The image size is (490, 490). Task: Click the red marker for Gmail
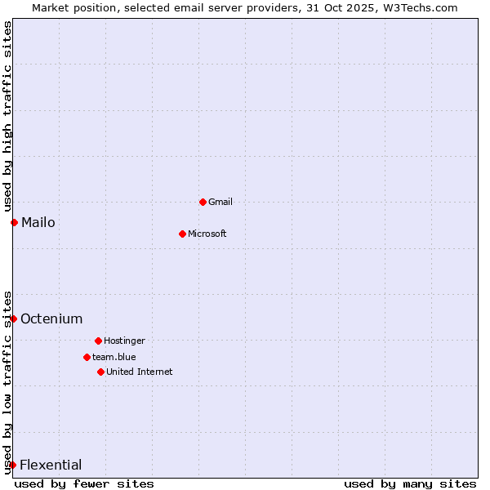click(x=203, y=202)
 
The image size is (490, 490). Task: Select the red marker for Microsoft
click(x=182, y=234)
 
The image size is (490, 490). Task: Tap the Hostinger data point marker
click(x=98, y=341)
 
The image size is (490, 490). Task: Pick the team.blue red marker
click(x=87, y=357)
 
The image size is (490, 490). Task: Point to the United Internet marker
click(x=100, y=372)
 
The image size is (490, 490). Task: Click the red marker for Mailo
click(x=14, y=222)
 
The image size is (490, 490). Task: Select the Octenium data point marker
click(x=13, y=318)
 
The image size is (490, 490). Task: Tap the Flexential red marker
click(x=12, y=465)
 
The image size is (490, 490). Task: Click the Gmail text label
click(x=220, y=202)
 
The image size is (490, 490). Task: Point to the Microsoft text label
click(x=207, y=234)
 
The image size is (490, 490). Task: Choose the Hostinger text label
click(x=124, y=341)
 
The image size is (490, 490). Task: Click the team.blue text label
click(x=114, y=357)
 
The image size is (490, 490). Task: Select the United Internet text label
click(x=140, y=372)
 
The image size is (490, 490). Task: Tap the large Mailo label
click(x=38, y=222)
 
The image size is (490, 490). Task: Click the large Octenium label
click(x=51, y=318)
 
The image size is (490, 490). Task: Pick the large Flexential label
click(x=51, y=465)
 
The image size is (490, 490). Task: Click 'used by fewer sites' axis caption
click(x=84, y=483)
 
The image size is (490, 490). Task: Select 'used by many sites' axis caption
click(x=410, y=483)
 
